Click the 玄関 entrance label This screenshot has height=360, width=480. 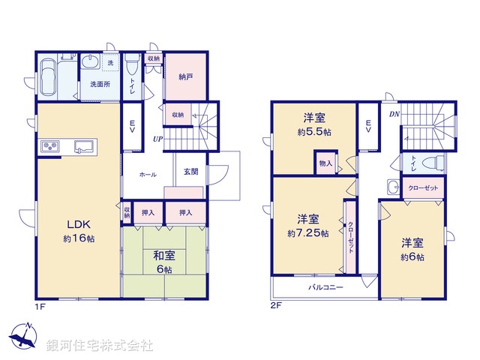[x=191, y=172]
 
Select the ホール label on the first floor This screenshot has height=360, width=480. [x=148, y=174]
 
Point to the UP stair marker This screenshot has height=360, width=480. [x=159, y=139]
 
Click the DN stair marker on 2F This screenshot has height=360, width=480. [x=394, y=115]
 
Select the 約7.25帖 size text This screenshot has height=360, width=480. [x=307, y=233]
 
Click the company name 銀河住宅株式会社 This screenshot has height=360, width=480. [x=100, y=346]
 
